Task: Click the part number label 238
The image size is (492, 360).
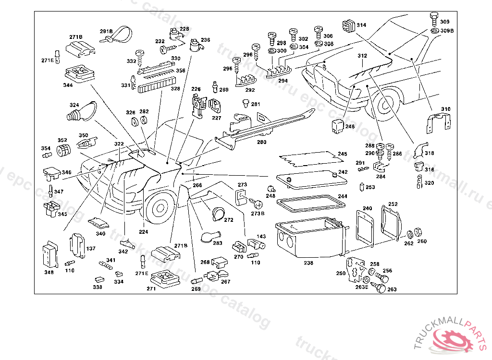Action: tap(308, 263)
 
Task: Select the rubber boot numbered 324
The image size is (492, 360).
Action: tap(77, 114)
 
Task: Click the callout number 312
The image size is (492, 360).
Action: tap(362, 56)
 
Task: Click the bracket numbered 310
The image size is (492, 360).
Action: tap(439, 122)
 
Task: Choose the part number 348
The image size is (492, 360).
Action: tap(49, 273)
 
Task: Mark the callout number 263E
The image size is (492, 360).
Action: tap(362, 287)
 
